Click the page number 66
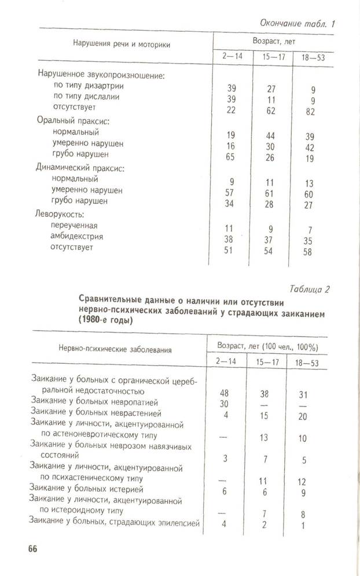point(30,549)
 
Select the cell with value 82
point(311,112)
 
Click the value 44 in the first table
point(271,135)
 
